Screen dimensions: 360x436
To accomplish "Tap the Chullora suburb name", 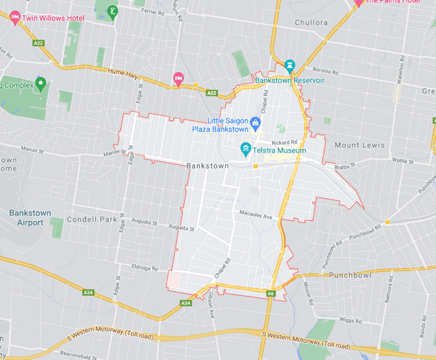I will pos(311,22).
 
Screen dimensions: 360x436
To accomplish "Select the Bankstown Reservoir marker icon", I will pos(290,66).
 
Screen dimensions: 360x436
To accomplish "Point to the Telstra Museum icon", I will pos(245,149).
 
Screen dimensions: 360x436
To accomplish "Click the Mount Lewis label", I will pos(359,145).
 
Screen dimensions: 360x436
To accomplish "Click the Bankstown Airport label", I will pos(28,217).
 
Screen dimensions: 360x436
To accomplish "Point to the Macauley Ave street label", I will pos(255,215).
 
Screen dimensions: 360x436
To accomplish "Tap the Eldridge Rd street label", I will pos(144,269).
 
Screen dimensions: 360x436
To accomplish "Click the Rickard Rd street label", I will pos(294,142).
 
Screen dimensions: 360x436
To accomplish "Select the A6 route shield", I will pos(271,293).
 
